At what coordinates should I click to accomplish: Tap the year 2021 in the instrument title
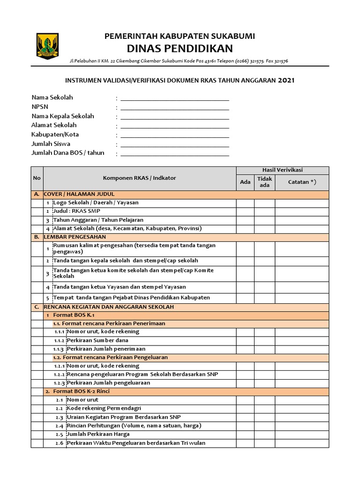coord(286,80)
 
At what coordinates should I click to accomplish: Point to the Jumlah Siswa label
coord(51,144)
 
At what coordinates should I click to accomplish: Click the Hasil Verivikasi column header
coord(282,170)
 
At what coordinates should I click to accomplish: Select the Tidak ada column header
coord(264,182)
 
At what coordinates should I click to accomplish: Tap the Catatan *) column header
coord(301,182)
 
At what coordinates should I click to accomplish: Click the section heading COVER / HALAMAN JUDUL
coord(79,194)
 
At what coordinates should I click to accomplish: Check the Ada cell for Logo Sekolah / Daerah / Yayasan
coord(245,203)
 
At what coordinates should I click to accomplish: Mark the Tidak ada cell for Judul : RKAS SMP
coord(264,211)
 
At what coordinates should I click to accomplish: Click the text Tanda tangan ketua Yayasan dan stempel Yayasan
coord(119,287)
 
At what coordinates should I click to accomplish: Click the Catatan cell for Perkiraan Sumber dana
coord(301,340)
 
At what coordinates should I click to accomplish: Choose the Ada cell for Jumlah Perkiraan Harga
coord(245,435)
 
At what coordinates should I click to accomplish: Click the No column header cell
coord(37,178)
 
